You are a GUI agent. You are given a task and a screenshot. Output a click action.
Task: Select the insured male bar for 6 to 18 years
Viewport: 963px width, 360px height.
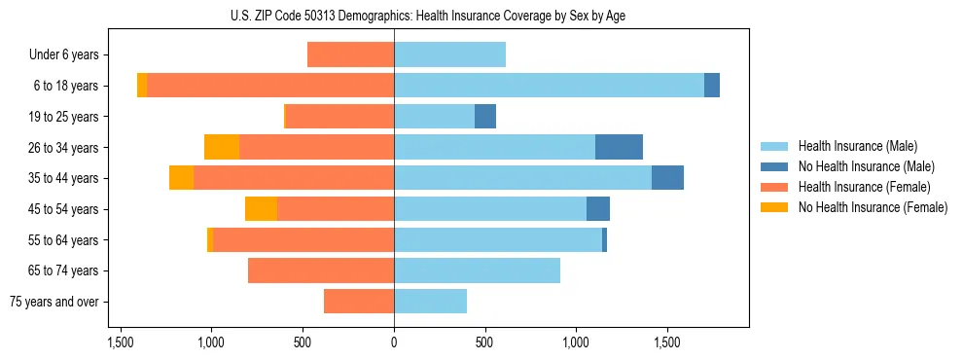pyautogui.click(x=549, y=86)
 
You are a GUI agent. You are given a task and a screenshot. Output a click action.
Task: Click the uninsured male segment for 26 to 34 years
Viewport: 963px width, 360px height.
pyautogui.click(x=619, y=147)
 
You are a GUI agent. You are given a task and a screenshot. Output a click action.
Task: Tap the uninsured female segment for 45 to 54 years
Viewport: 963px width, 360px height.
pyautogui.click(x=261, y=209)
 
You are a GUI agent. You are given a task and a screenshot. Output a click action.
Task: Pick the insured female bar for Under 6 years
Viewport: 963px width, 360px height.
pyautogui.click(x=350, y=54)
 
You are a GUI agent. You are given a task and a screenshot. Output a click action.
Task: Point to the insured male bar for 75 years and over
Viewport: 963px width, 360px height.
pyautogui.click(x=430, y=302)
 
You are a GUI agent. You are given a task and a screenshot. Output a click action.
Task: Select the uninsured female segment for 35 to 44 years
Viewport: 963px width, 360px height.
pyautogui.click(x=181, y=178)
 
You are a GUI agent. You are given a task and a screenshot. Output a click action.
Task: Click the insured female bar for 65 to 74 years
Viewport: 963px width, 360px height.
pyautogui.click(x=321, y=270)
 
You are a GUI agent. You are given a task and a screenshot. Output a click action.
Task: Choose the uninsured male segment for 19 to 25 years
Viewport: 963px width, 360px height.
pyautogui.click(x=485, y=117)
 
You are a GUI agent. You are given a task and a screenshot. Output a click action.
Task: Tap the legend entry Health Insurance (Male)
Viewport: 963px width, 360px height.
pyautogui.click(x=858, y=146)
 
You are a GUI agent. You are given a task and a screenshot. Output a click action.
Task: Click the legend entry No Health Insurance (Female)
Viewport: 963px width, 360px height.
pyautogui.click(x=873, y=207)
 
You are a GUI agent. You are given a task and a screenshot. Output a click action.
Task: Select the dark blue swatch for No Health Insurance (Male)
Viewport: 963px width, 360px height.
pyautogui.click(x=774, y=166)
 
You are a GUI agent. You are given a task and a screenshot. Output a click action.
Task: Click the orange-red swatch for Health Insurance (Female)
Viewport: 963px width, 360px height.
pyautogui.click(x=774, y=187)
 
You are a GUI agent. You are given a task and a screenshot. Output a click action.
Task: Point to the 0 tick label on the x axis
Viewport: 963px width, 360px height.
pyautogui.click(x=394, y=342)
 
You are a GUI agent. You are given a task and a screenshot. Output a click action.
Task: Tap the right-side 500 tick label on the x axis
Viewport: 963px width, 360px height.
pyautogui.click(x=485, y=342)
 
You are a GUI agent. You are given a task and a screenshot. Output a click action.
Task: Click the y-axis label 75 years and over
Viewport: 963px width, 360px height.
pyautogui.click(x=53, y=302)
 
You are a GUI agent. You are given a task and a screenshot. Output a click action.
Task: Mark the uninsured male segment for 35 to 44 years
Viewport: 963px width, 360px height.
pyautogui.click(x=667, y=178)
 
